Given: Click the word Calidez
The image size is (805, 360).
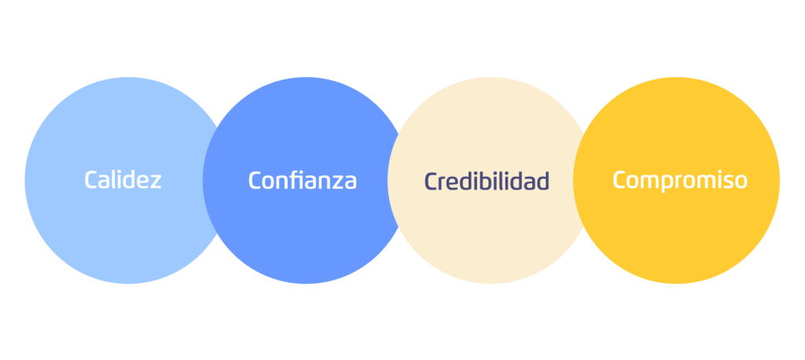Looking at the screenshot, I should (123, 180).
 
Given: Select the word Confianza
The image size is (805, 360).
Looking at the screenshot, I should (303, 181).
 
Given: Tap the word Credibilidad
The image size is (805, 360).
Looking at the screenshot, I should (487, 181).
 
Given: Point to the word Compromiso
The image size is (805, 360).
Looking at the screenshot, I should (680, 181).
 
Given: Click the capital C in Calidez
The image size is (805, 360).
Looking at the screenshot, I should (91, 180).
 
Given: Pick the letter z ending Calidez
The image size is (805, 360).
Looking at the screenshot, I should (156, 182).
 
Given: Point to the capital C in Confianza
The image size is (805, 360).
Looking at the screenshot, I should (255, 181).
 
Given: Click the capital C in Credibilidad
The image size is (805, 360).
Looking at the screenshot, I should (431, 181).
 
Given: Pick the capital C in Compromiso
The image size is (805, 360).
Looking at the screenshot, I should (619, 181).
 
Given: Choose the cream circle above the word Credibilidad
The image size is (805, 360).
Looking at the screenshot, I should (487, 118).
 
